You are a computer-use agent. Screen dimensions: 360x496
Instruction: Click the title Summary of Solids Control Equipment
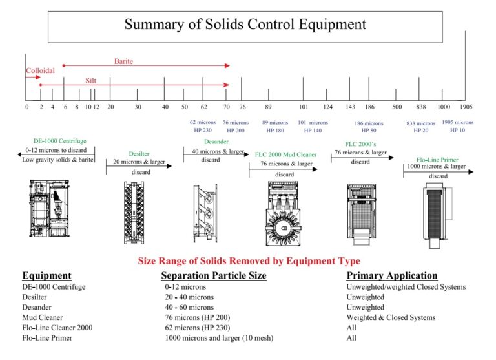pos(245,25)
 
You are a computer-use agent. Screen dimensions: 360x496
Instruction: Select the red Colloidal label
pos(40,70)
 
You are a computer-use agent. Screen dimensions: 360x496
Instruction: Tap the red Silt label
pos(91,81)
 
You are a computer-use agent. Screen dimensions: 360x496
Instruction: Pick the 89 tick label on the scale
pos(268,107)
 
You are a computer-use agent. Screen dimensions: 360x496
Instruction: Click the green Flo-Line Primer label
pos(437,159)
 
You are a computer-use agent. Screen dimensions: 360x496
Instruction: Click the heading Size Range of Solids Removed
pos(249,261)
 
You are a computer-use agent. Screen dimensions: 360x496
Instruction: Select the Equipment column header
pos(46,275)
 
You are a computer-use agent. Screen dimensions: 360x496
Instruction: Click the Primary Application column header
pos(392,275)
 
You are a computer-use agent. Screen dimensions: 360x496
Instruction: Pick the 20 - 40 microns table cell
pos(189,297)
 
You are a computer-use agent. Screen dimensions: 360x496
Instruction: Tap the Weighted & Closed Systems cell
pos(391,317)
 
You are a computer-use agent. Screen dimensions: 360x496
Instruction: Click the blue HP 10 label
pos(457,130)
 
